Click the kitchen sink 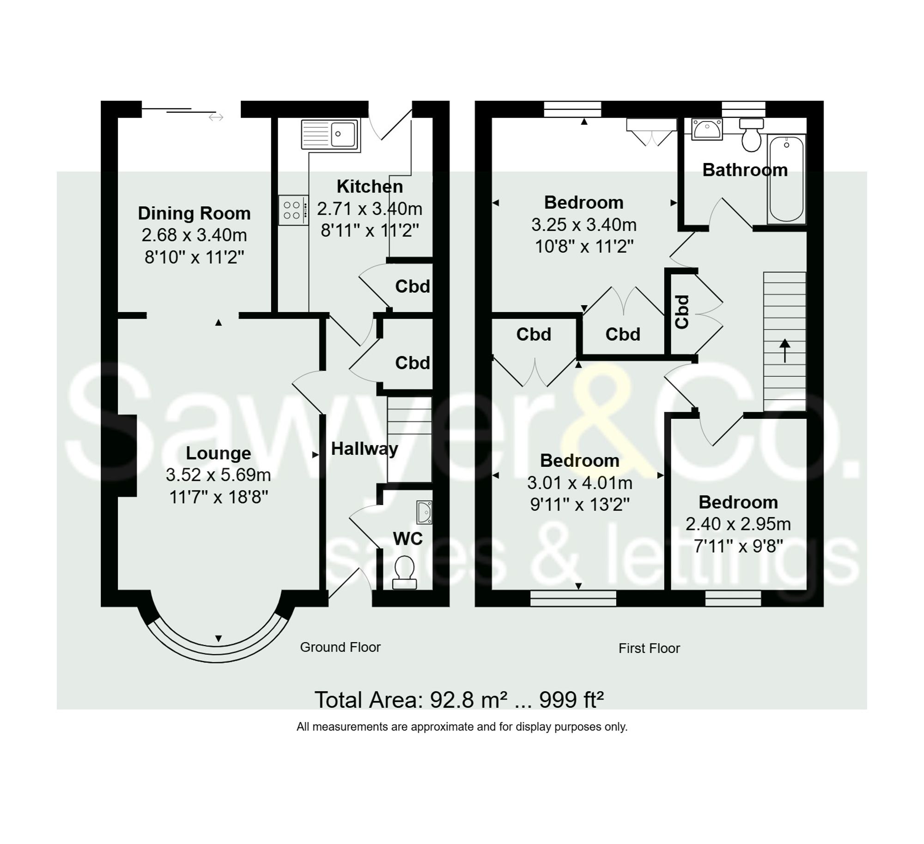[330, 134]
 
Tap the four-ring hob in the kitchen [293, 210]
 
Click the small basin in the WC [424, 512]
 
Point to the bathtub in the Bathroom [786, 179]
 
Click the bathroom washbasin [706, 129]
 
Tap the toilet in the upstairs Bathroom [752, 134]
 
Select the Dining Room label [194, 213]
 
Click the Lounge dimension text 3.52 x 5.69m [218, 475]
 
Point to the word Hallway [365, 449]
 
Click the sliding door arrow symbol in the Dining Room [216, 117]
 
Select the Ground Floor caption [340, 647]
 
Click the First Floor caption [649, 648]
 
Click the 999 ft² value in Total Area [571, 700]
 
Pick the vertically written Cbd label [682, 312]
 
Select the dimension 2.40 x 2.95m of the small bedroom [738, 524]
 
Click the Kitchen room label [370, 187]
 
